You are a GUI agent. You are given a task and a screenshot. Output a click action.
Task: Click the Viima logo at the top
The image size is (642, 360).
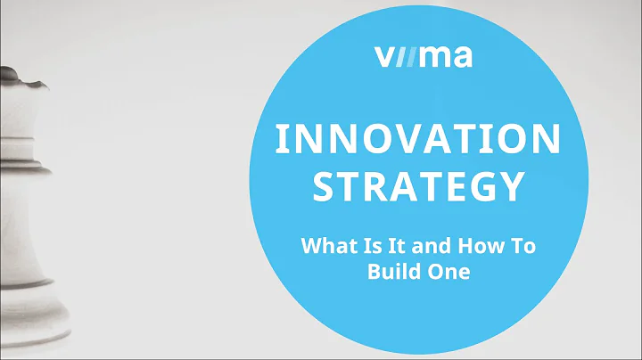point(424,58)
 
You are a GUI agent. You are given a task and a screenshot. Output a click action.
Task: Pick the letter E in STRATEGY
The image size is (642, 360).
point(451,187)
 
